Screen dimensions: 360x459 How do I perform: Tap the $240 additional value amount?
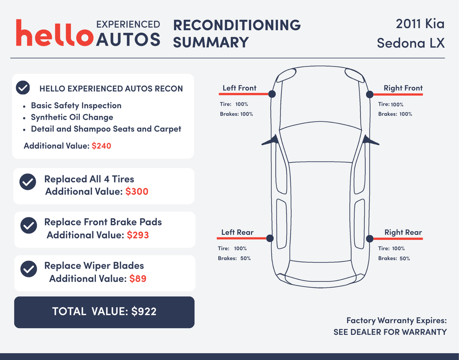pyautogui.click(x=101, y=146)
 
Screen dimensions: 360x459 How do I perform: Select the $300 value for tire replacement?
pyautogui.click(x=137, y=191)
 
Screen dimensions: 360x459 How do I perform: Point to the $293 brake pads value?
pyautogui.click(x=138, y=235)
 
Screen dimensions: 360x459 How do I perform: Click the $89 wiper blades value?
pyautogui.click(x=138, y=278)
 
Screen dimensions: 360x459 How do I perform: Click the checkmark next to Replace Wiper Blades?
pyautogui.click(x=29, y=269)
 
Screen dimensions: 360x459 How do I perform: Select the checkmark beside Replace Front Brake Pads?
pyautogui.click(x=29, y=226)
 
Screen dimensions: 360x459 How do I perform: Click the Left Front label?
pyautogui.click(x=239, y=88)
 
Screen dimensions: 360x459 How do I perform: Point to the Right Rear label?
pyautogui.click(x=403, y=232)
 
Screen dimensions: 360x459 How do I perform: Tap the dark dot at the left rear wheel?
pyautogui.click(x=270, y=239)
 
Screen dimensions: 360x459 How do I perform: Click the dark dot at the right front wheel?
pyautogui.click(x=370, y=94)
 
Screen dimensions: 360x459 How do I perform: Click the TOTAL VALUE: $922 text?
pyautogui.click(x=104, y=312)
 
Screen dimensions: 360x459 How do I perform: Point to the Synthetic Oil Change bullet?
pyautogui.click(x=72, y=117)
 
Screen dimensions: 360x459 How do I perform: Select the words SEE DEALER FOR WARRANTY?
pyautogui.click(x=390, y=332)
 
